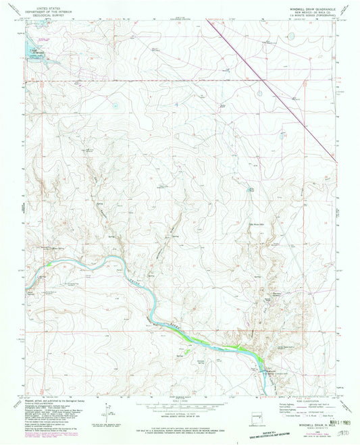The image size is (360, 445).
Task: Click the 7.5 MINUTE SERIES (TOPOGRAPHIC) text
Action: click(x=302, y=16)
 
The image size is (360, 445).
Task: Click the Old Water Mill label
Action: click(x=260, y=224)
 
